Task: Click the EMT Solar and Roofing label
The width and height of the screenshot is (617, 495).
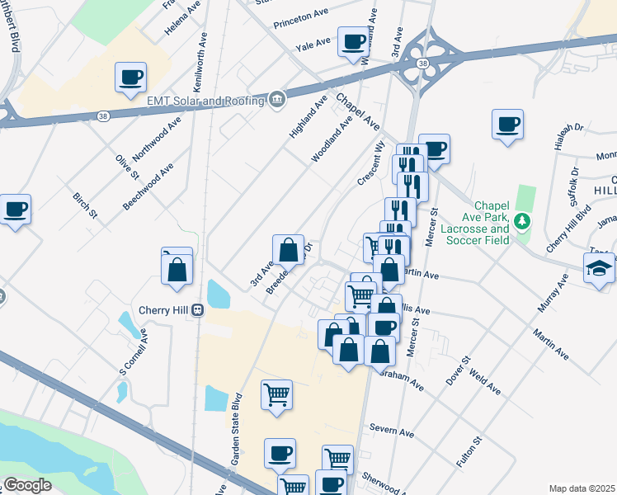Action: pyautogui.click(x=205, y=101)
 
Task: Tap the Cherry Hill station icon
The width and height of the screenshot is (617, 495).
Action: pyautogui.click(x=198, y=310)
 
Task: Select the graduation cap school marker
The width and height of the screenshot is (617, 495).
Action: pyautogui.click(x=599, y=268)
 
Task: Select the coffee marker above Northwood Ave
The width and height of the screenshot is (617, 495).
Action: pyautogui.click(x=130, y=78)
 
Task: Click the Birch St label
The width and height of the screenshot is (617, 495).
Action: pyautogui.click(x=86, y=205)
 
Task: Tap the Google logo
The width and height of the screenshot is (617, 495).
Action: pyautogui.click(x=27, y=485)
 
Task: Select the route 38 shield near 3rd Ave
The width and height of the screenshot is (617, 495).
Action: pyautogui.click(x=422, y=63)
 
